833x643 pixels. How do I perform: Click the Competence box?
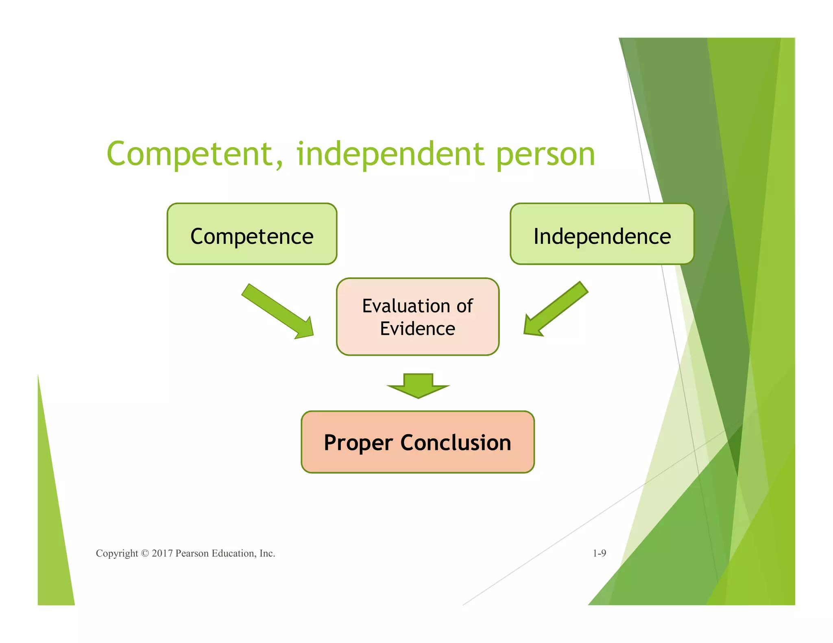tap(252, 234)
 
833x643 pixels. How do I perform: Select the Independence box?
tap(602, 234)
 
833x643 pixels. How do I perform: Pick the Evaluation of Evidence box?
tap(417, 317)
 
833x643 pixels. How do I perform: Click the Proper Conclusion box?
tap(417, 442)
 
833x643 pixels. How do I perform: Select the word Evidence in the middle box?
tap(417, 328)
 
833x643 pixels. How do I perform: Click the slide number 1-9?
tap(599, 553)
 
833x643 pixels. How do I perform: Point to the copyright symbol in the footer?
tap(145, 554)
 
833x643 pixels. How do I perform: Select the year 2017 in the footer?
tap(162, 554)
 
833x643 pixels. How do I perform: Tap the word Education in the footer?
tap(233, 554)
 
